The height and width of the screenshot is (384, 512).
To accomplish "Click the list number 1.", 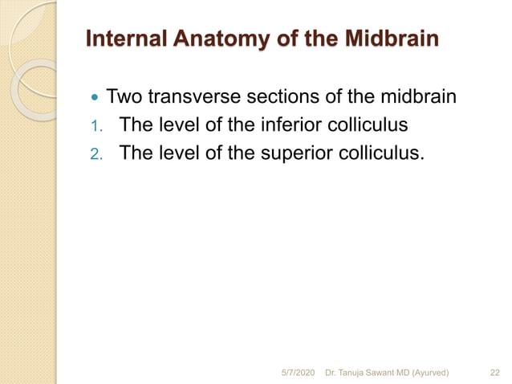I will pos(94,126).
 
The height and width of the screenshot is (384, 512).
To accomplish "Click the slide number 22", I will pos(494,372).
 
